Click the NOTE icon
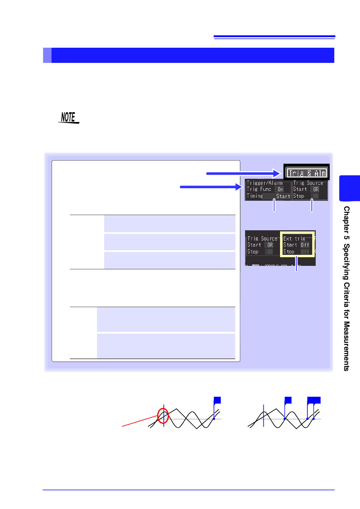tap(69, 118)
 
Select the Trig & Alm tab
tap(307, 173)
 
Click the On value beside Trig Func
tap(280, 189)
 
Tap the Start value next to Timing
tap(283, 196)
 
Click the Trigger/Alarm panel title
tap(265, 183)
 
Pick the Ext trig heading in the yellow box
tap(294, 239)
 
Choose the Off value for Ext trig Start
tap(305, 245)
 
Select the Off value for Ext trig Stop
tap(305, 252)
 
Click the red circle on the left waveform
tap(163, 415)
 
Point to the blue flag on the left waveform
tap(218, 400)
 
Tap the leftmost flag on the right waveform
tap(288, 400)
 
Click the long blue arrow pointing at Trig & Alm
tap(243, 173)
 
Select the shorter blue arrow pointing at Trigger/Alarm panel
tap(211, 187)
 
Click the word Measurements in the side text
tap(346, 346)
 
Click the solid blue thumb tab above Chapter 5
tap(350, 188)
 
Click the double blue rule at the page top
tap(274, 37)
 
